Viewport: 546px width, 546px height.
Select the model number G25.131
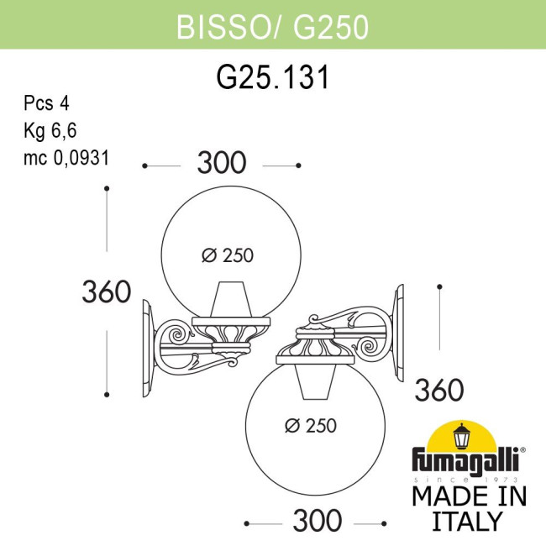[x=272, y=77]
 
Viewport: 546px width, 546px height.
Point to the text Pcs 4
[x=46, y=105]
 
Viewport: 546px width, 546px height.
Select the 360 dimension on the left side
[x=106, y=291]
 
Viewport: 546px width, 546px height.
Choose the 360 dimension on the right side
[x=439, y=390]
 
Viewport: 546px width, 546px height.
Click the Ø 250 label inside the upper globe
[x=228, y=256]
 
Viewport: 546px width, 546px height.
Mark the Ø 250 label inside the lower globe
[x=310, y=426]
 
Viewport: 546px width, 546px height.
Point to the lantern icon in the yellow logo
[x=462, y=436]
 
